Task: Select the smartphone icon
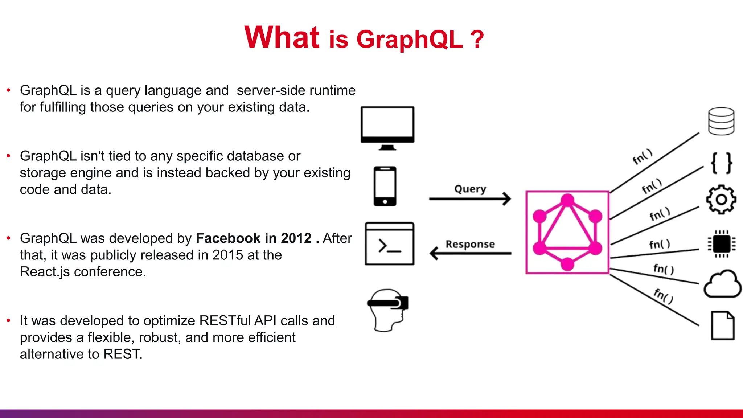point(385,186)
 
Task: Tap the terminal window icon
point(389,244)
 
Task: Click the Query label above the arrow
point(470,189)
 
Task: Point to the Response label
point(470,244)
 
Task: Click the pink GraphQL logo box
point(567,232)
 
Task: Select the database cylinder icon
point(721,121)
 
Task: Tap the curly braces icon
point(721,163)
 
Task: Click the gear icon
point(721,200)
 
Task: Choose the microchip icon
point(721,244)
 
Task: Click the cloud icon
point(722,285)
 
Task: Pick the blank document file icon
point(723,325)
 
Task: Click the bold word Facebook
point(228,238)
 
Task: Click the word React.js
point(45,272)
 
